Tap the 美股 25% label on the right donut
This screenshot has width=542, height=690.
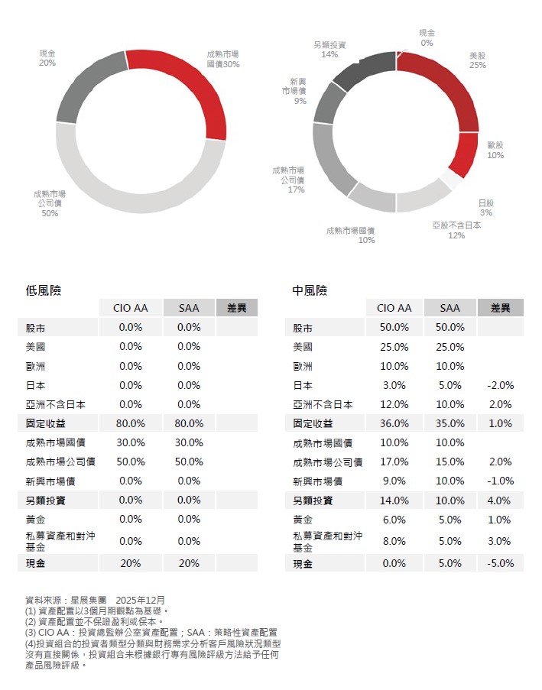pyautogui.click(x=478, y=60)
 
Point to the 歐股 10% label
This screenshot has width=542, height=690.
pyautogui.click(x=495, y=150)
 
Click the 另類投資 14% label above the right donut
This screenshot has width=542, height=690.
pyautogui.click(x=329, y=50)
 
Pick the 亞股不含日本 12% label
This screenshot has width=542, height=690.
pyautogui.click(x=456, y=230)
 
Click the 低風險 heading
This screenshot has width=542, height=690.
pyautogui.click(x=44, y=290)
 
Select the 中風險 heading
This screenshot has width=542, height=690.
pyautogui.click(x=310, y=290)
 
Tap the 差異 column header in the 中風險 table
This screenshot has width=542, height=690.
pyautogui.click(x=500, y=308)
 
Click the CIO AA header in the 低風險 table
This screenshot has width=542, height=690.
pyautogui.click(x=131, y=308)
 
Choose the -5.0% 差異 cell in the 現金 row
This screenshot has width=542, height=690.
pyautogui.click(x=500, y=563)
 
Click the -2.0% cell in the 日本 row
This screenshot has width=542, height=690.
pyautogui.click(x=500, y=385)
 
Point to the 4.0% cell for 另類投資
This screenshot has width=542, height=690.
pyautogui.click(x=500, y=500)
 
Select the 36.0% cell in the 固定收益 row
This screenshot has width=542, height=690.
pyautogui.click(x=394, y=423)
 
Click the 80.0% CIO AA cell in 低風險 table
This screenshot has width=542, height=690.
pyautogui.click(x=131, y=423)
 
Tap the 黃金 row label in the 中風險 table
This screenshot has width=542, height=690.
pyautogui.click(x=303, y=520)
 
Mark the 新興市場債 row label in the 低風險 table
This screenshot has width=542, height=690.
pyautogui.click(x=50, y=481)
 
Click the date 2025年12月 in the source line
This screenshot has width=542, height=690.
pyautogui.click(x=141, y=601)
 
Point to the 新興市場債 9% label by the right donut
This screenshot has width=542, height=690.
pyautogui.click(x=298, y=91)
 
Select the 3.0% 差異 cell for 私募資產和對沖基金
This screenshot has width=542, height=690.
pyautogui.click(x=500, y=541)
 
